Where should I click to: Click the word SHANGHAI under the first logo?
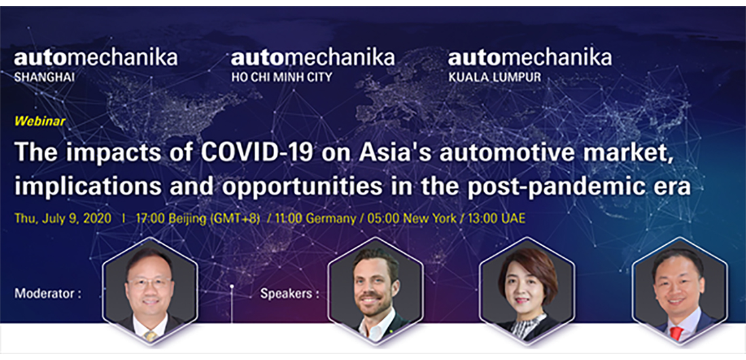pyautogui.click(x=44, y=77)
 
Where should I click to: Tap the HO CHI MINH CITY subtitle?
pyautogui.click(x=281, y=77)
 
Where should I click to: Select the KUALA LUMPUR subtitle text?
pyautogui.click(x=495, y=77)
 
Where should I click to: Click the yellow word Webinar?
pyautogui.click(x=40, y=122)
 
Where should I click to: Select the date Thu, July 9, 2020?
pyautogui.click(x=63, y=219)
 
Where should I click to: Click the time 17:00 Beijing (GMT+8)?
pyautogui.click(x=198, y=219)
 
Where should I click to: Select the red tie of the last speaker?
pyautogui.click(x=675, y=333)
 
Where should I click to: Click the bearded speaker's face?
pyautogui.click(x=374, y=287)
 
